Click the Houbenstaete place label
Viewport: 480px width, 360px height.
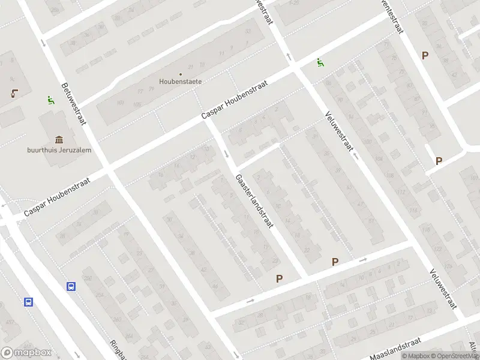(x=180, y=81)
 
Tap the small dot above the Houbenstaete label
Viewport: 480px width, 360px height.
(x=180, y=74)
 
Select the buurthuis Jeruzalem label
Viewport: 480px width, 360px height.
(x=59, y=150)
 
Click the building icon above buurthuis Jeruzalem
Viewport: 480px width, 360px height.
(x=59, y=139)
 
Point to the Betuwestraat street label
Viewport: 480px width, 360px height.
(x=73, y=104)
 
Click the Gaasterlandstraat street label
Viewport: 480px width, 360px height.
(x=255, y=202)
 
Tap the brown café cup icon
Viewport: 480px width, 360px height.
(x=13, y=94)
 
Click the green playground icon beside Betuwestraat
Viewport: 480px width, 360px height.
(x=50, y=101)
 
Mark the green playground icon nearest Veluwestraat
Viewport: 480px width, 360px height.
(x=320, y=62)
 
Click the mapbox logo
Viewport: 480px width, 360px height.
(x=26, y=353)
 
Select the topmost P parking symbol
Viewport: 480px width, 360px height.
(x=425, y=55)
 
